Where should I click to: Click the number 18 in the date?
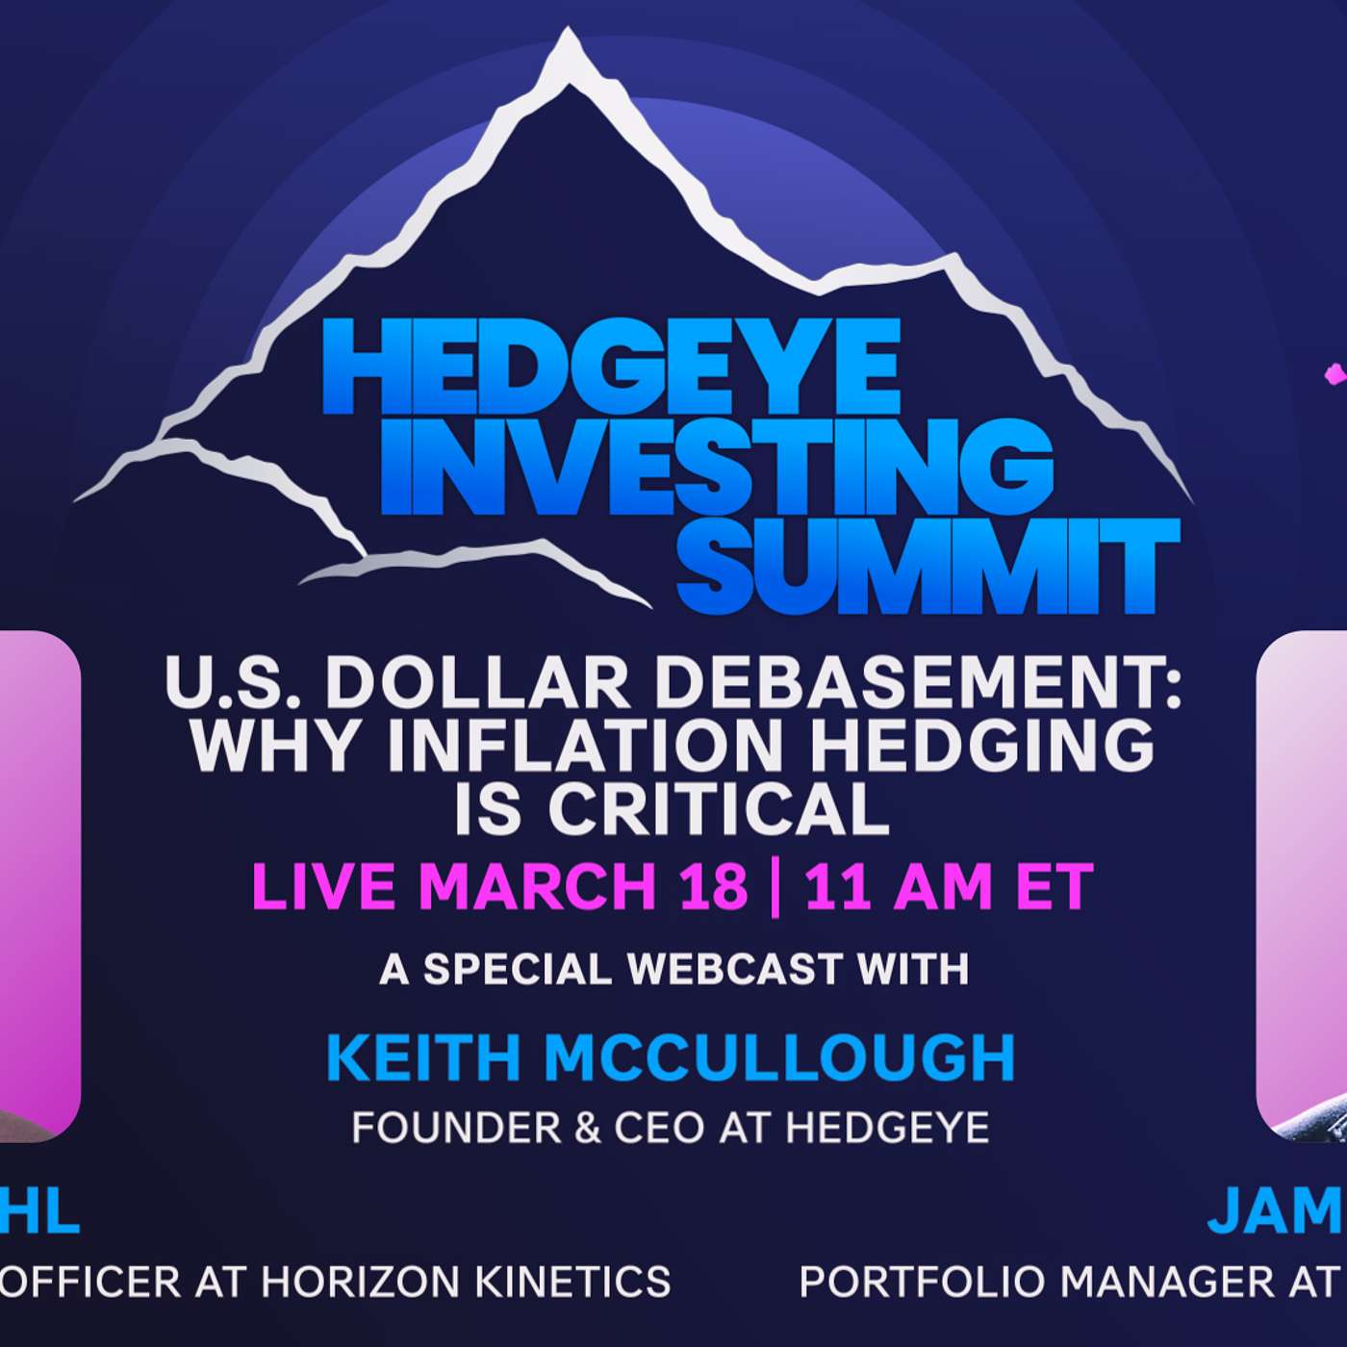coord(713,886)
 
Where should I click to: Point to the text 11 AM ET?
coord(949,886)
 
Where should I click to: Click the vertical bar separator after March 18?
coord(776,886)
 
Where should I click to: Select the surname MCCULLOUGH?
coord(779,1057)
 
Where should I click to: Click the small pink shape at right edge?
coord(1335,374)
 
